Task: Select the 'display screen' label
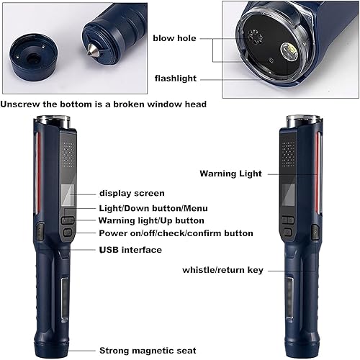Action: click(x=132, y=193)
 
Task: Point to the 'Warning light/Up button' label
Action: click(x=150, y=220)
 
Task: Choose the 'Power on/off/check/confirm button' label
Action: click(x=175, y=233)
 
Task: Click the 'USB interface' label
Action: click(x=130, y=250)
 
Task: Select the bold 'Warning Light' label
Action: click(x=230, y=174)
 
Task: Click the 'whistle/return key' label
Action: click(x=223, y=270)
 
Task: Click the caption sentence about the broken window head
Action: click(x=104, y=104)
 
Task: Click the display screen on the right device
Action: click(x=287, y=195)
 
